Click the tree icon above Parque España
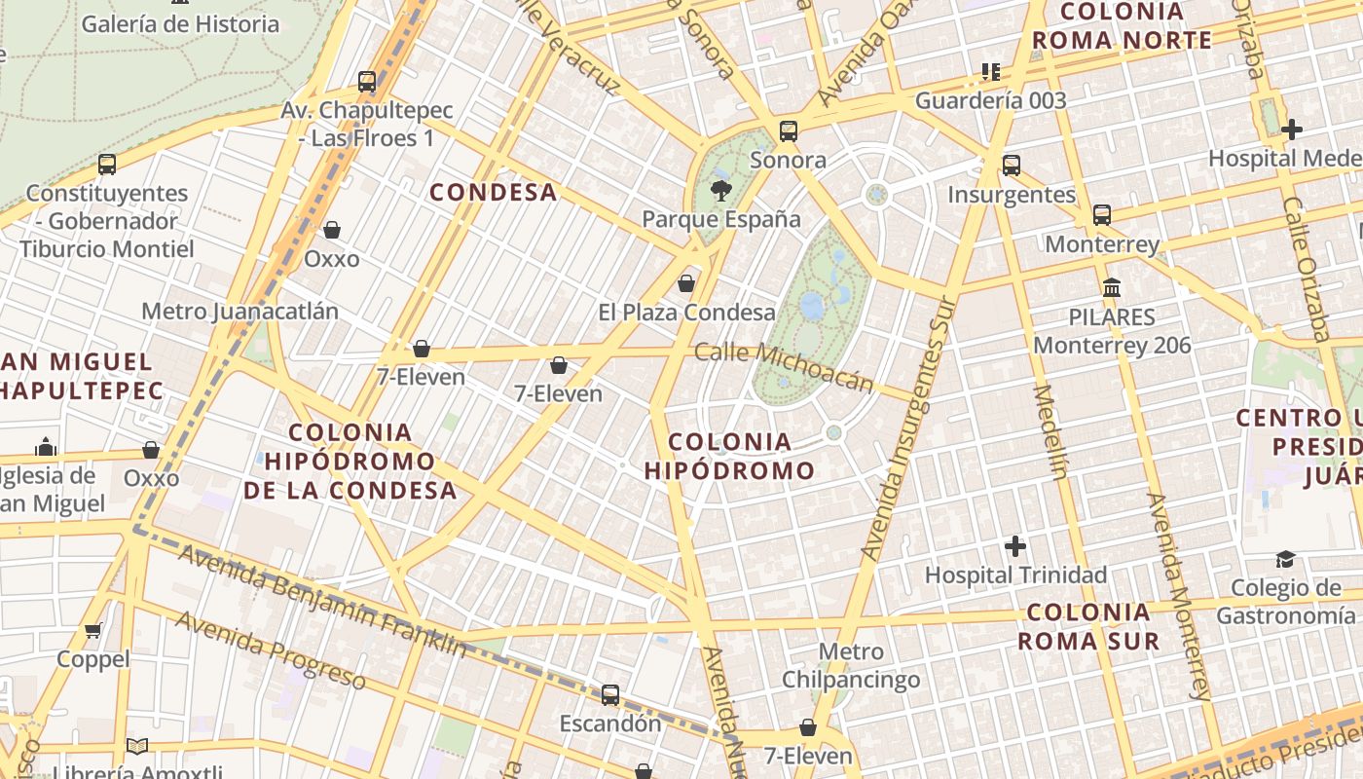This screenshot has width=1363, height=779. (x=720, y=190)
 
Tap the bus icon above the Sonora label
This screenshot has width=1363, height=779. (x=789, y=130)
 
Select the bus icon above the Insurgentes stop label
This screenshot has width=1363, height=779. (x=1012, y=166)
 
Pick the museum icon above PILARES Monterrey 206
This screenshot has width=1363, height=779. (x=1112, y=287)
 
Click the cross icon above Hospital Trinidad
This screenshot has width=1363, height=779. (x=1015, y=546)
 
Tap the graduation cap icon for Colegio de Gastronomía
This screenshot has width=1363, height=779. (x=1286, y=559)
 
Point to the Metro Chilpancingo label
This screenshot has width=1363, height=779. (x=851, y=665)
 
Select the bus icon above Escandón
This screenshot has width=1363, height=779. (x=610, y=695)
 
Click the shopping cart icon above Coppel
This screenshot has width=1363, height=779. (x=93, y=631)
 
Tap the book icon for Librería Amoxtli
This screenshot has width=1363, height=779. (x=137, y=747)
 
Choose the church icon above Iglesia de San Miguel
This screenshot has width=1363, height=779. (x=46, y=447)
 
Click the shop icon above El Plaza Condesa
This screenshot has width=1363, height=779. (x=686, y=283)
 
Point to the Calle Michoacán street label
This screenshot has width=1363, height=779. (x=785, y=367)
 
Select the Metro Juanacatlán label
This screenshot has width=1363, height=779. (x=240, y=312)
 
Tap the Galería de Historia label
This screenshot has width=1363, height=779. (x=180, y=23)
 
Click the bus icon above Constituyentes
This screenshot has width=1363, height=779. (x=107, y=165)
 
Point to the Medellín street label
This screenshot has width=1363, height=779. (x=1050, y=431)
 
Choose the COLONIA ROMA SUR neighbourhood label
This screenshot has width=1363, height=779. (x=1088, y=626)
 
